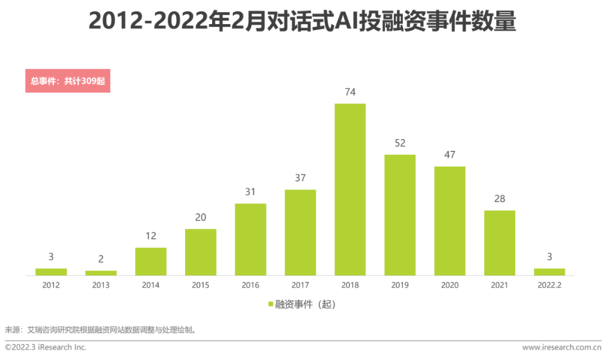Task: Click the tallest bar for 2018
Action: tap(350, 190)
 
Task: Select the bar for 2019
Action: tap(400, 215)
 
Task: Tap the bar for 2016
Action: tap(250, 239)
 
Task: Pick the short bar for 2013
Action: tap(101, 273)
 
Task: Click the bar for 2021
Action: tap(499, 243)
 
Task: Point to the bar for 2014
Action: tap(150, 261)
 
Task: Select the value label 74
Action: tap(350, 93)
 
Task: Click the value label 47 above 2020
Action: tap(449, 155)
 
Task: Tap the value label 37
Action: tap(300, 178)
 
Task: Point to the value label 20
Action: tap(200, 218)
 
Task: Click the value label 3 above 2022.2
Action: tap(549, 257)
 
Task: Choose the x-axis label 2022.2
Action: tap(549, 285)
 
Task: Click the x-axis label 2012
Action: tap(51, 285)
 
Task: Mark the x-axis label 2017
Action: tap(300, 285)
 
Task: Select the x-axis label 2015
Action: tap(200, 285)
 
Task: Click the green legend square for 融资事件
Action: tap(270, 304)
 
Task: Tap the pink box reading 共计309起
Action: tap(67, 81)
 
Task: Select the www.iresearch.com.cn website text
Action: tap(561, 348)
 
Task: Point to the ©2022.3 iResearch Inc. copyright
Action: tap(46, 348)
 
